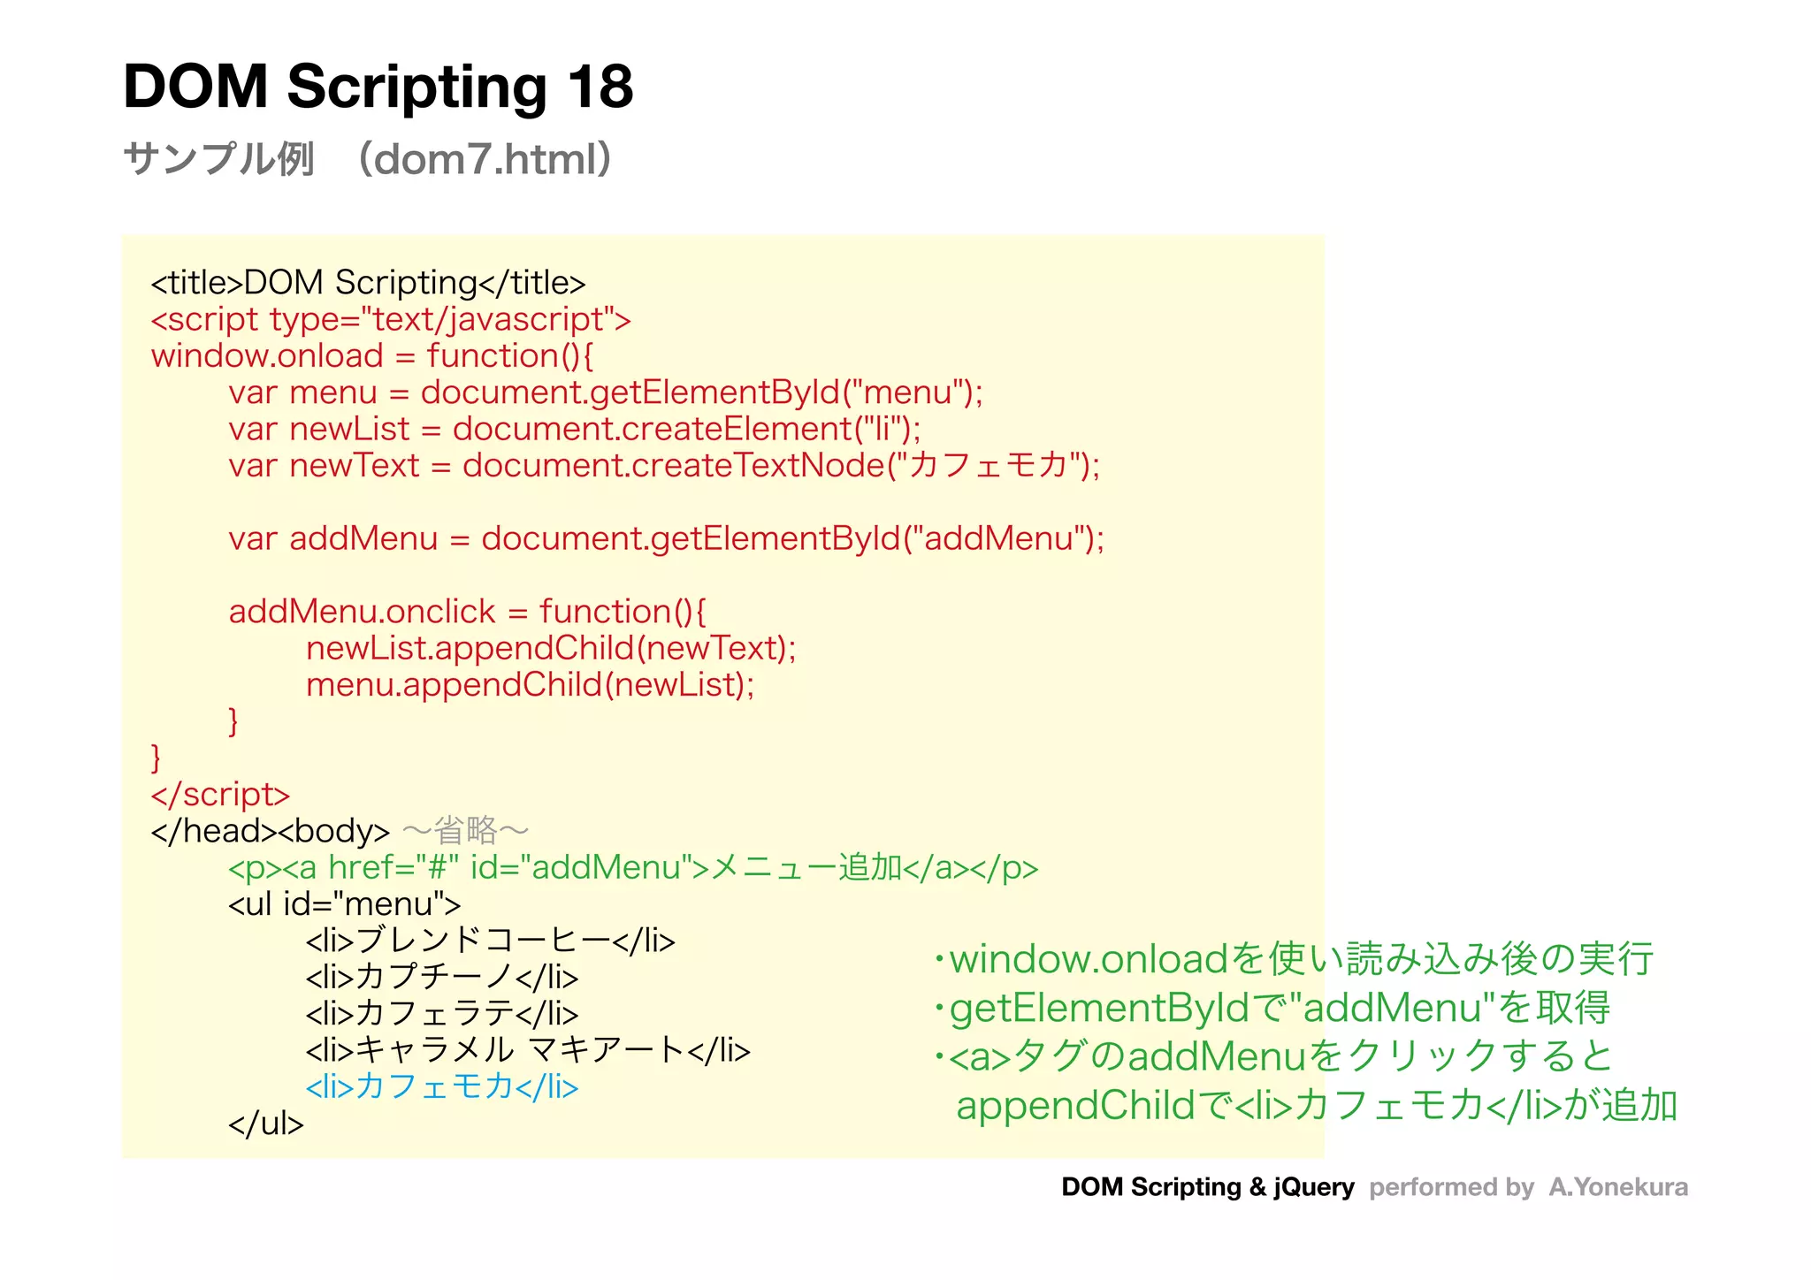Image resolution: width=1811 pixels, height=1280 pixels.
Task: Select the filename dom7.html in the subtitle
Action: (485, 160)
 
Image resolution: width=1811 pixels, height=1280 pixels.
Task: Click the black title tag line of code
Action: (368, 283)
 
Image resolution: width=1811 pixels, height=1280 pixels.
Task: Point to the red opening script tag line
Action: (391, 319)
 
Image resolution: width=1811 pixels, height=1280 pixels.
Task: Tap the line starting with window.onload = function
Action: (372, 356)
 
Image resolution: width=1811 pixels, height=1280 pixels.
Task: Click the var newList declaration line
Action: (574, 430)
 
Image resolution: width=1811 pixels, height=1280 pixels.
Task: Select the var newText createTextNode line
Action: (663, 466)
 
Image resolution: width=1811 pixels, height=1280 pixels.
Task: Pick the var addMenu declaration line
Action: (666, 538)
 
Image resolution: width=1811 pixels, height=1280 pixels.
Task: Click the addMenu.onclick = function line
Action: (467, 612)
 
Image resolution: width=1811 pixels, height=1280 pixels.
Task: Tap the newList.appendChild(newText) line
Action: (551, 649)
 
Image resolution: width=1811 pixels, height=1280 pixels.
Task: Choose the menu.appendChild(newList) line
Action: (530, 685)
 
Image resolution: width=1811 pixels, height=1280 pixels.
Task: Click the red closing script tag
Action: (220, 795)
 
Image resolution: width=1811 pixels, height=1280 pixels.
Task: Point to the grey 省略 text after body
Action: (466, 831)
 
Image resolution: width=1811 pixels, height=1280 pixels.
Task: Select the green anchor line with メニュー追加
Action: (632, 868)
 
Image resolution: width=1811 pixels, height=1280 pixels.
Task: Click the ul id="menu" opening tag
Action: (344, 904)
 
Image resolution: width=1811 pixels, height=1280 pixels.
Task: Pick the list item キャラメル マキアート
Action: (528, 1050)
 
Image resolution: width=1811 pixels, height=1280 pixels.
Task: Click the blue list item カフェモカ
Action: (441, 1086)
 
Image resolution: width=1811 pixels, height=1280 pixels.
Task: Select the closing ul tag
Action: (265, 1124)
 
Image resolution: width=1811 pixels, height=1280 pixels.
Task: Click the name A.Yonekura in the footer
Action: (1617, 1187)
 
